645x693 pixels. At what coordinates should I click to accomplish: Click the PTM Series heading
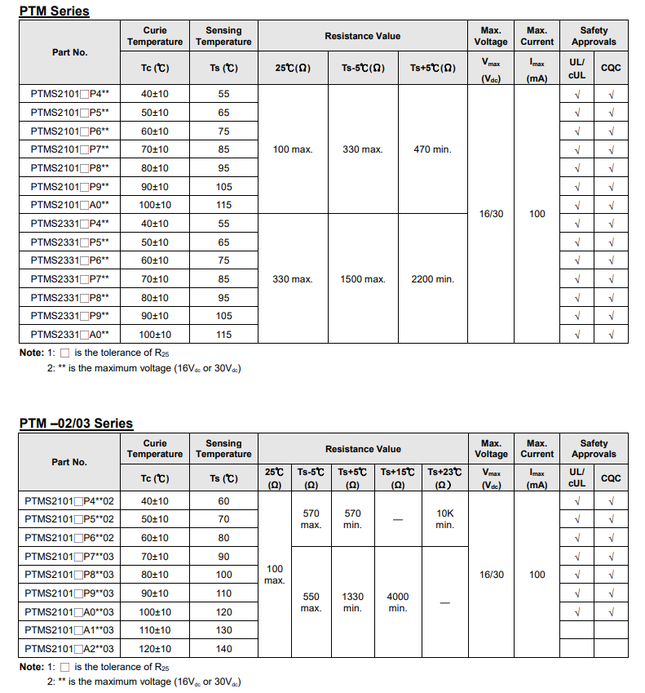[54, 11]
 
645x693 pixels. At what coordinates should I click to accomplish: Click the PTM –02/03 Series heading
[76, 423]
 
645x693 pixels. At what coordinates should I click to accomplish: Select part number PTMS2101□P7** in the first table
[70, 149]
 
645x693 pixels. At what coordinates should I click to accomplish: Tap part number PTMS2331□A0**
[70, 335]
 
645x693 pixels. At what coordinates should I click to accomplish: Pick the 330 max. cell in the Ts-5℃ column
[362, 149]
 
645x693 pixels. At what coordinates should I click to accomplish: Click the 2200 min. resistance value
[432, 279]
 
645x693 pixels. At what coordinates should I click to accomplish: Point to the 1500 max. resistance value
[362, 279]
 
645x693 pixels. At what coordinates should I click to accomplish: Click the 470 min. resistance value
[432, 149]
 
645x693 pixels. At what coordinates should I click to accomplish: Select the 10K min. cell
[444, 519]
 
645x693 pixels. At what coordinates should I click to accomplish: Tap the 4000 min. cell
[398, 602]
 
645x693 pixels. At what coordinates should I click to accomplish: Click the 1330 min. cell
[352, 602]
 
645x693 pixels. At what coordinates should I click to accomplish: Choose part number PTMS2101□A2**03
[70, 649]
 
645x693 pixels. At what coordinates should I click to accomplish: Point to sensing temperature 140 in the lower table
[223, 649]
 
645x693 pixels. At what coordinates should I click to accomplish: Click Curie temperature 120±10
[155, 649]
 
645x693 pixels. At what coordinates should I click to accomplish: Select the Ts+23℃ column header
[444, 478]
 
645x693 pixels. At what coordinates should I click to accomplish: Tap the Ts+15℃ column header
[398, 478]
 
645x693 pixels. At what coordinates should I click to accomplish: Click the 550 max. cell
[311, 602]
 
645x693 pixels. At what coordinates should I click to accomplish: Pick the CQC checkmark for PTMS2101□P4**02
[611, 501]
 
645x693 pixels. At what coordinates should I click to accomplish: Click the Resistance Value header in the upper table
[362, 36]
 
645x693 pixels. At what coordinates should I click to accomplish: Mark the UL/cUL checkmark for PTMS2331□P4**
[577, 224]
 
